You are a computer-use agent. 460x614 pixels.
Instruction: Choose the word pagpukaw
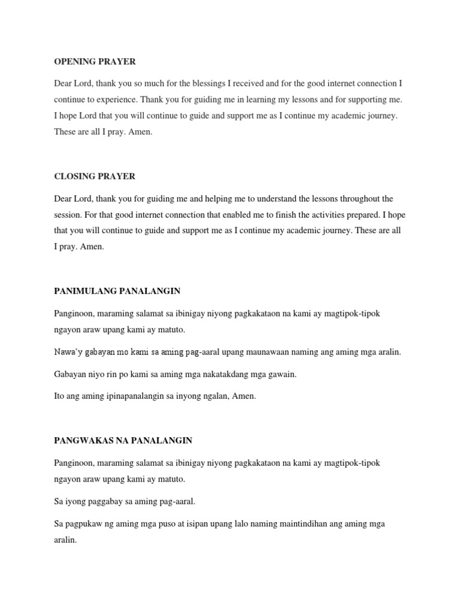point(88,523)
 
